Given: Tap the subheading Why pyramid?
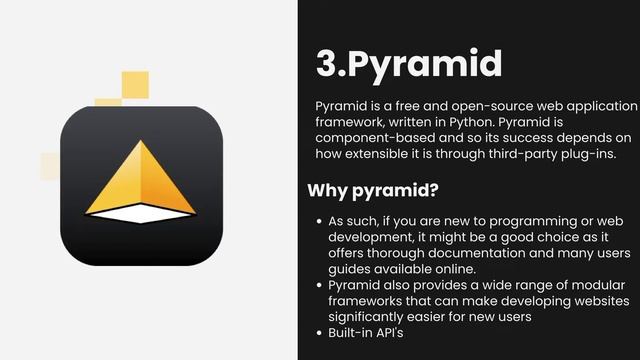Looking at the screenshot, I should [x=373, y=189].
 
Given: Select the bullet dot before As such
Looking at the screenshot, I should [x=318, y=220].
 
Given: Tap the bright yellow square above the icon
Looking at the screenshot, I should [x=135, y=85].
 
